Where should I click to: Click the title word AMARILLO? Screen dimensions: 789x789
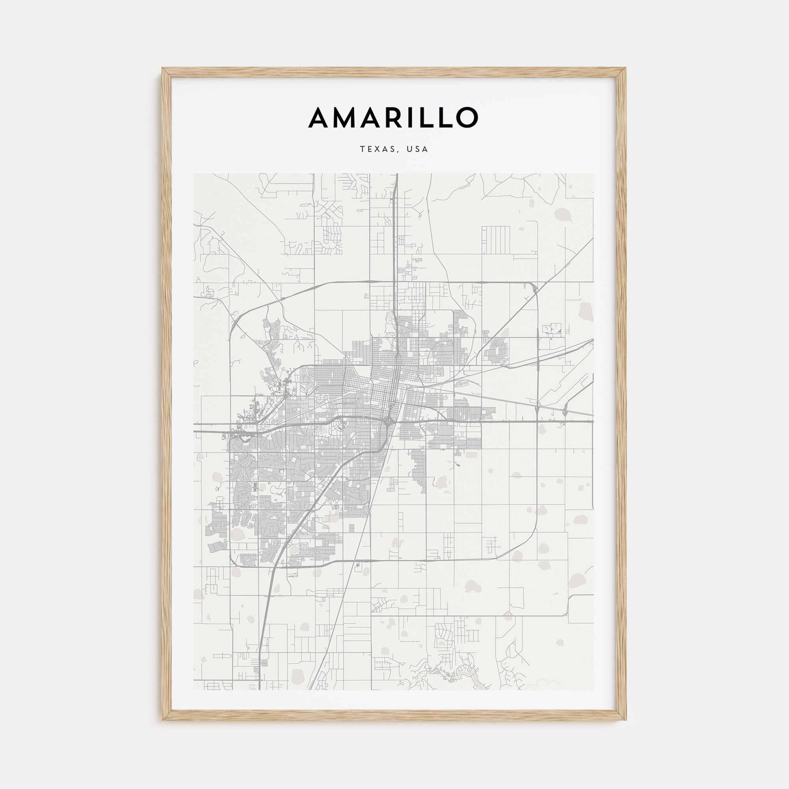point(393,117)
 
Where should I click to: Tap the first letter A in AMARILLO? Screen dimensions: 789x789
point(321,118)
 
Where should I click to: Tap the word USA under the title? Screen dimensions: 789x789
point(417,150)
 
